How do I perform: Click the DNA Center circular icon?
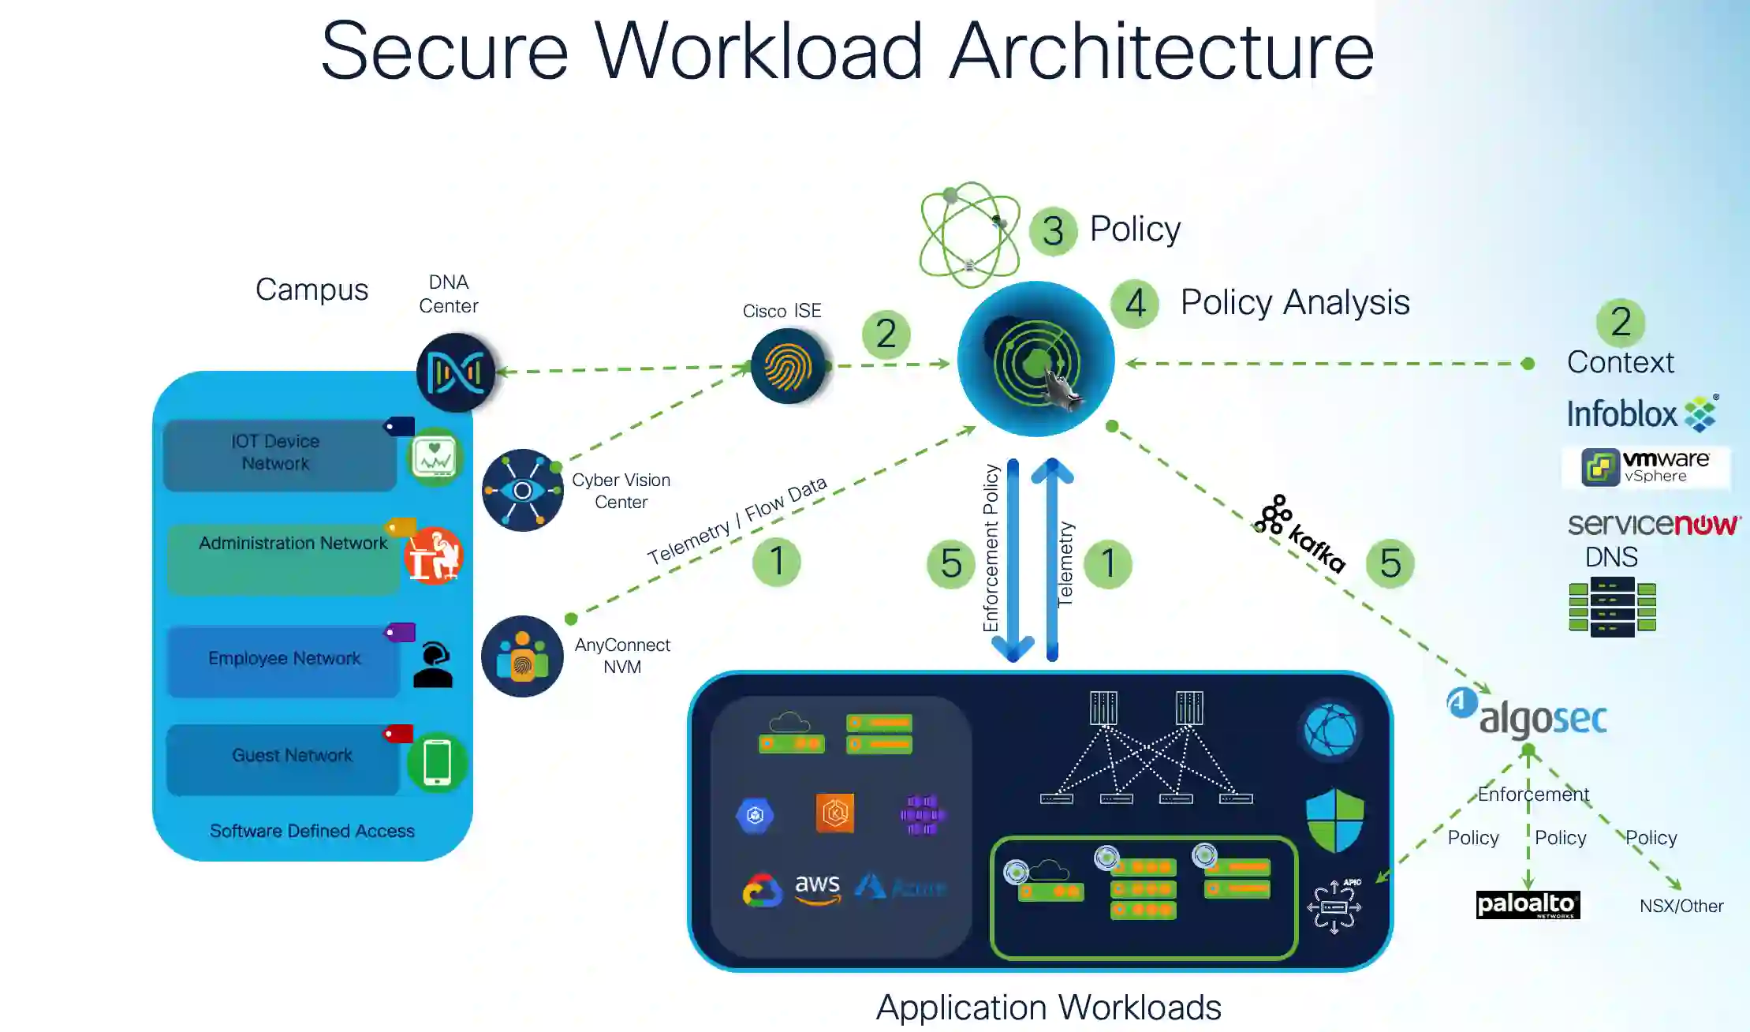(x=455, y=372)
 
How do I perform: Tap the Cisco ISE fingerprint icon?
(x=787, y=366)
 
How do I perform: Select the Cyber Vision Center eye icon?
(x=522, y=490)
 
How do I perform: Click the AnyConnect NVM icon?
(x=522, y=656)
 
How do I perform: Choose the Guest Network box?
(x=283, y=758)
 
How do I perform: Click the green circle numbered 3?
(x=1053, y=231)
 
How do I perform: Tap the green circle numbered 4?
(x=1134, y=304)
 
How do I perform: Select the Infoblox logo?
(x=1641, y=413)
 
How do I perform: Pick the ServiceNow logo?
(x=1653, y=524)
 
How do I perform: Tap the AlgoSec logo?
(x=1527, y=716)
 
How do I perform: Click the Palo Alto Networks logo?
(x=1528, y=904)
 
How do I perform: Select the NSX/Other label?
(x=1681, y=906)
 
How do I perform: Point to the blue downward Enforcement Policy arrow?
(x=1013, y=560)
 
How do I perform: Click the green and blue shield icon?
(x=1334, y=821)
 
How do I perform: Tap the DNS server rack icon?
(x=1611, y=606)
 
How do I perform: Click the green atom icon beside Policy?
(x=969, y=234)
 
